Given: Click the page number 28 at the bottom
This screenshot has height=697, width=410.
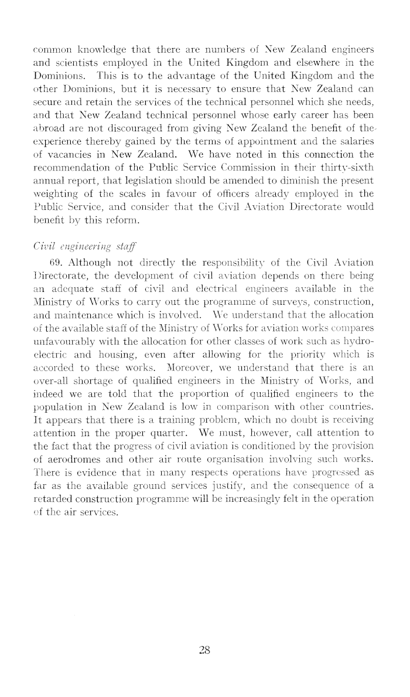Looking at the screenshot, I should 204,650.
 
